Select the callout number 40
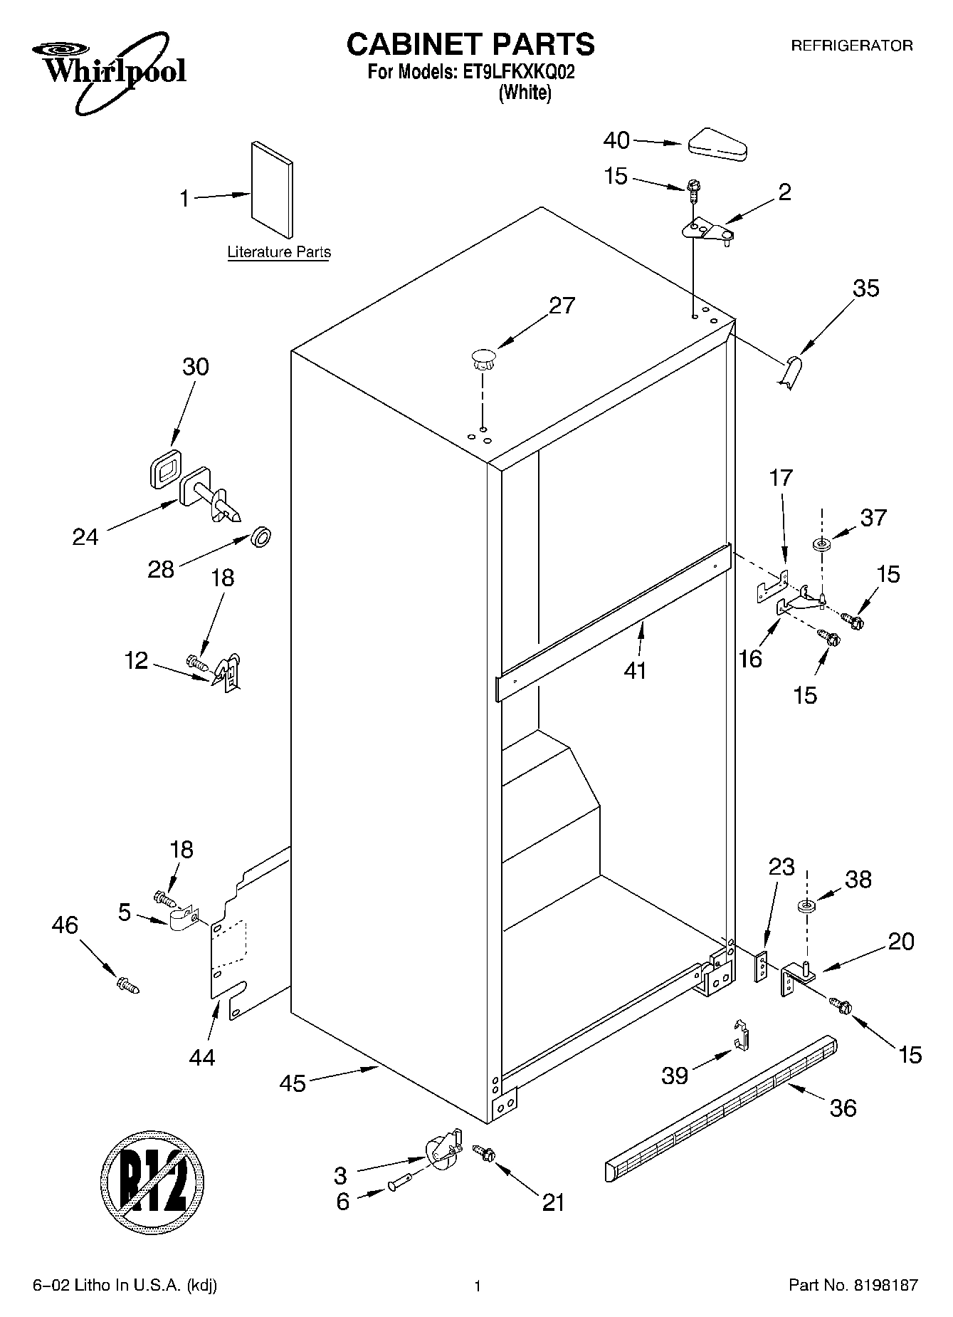(x=616, y=140)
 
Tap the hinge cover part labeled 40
(x=717, y=143)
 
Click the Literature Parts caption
(x=278, y=252)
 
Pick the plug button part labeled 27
(x=483, y=358)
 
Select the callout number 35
(x=866, y=288)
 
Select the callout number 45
(x=293, y=1083)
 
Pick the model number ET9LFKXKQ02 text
(x=518, y=72)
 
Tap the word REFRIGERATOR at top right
(x=852, y=46)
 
